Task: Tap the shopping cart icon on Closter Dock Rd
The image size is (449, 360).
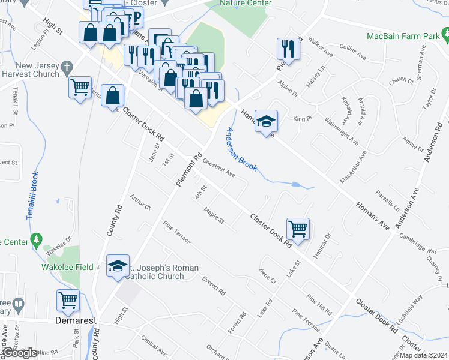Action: click(298, 229)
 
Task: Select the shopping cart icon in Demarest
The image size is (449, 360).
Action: click(68, 301)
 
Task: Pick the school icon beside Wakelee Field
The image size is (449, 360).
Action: click(118, 265)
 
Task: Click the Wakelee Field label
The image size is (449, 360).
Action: click(67, 267)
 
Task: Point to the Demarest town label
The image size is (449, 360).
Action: click(76, 321)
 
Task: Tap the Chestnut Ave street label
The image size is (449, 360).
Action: click(218, 167)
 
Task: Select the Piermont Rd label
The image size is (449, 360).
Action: click(187, 172)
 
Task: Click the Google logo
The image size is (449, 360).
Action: click(19, 353)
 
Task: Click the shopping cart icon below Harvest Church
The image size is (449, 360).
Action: click(80, 88)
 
